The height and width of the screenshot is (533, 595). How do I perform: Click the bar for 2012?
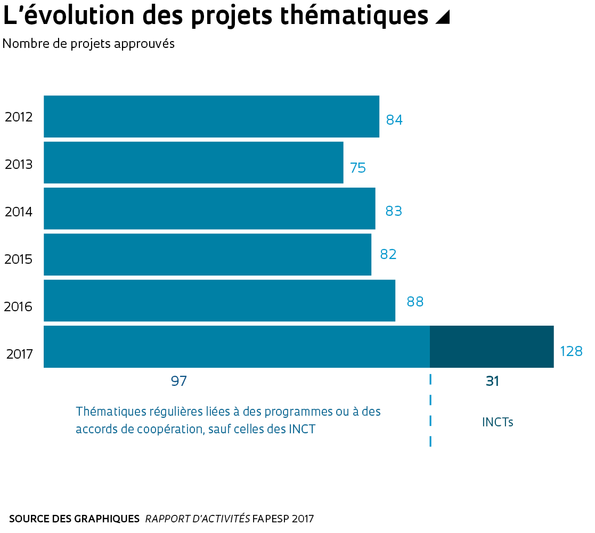[211, 116]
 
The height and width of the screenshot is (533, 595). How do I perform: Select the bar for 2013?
[193, 162]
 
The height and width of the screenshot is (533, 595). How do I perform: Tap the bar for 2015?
[207, 254]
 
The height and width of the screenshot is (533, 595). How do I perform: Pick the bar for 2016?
[219, 301]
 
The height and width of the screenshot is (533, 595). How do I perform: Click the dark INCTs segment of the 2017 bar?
[491, 346]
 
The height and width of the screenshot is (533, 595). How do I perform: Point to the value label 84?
[394, 120]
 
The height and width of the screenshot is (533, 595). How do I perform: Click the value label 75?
[358, 168]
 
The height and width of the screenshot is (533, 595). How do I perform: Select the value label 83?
[393, 211]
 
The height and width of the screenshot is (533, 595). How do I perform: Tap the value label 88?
[415, 302]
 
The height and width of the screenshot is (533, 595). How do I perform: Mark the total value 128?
[571, 351]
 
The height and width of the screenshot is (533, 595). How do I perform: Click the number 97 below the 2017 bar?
[179, 381]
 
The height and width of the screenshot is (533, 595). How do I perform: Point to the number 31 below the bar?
[492, 382]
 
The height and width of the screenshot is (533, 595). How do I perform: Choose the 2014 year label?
[19, 212]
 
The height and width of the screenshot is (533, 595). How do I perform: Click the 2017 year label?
[20, 353]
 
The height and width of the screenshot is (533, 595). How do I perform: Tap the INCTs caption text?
[498, 422]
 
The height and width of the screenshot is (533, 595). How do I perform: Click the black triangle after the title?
[442, 18]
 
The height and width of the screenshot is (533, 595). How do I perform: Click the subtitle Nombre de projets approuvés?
[88, 44]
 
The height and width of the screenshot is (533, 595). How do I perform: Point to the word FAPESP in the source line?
[271, 519]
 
